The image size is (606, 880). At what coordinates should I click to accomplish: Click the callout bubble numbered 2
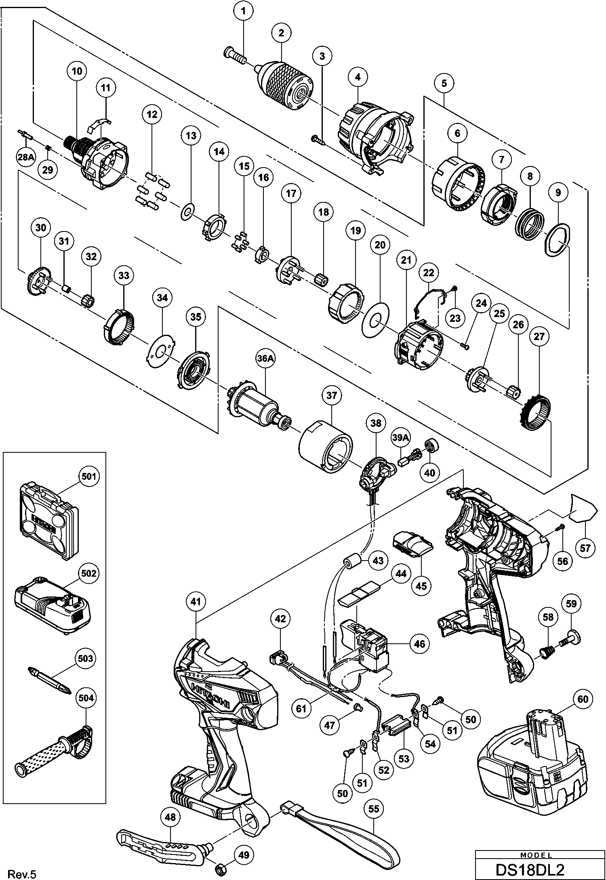point(281,33)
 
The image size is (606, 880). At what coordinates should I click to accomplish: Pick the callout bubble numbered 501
point(88,476)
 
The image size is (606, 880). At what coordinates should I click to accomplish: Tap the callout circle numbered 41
point(196,602)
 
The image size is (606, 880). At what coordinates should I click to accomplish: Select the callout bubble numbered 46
point(419,643)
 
